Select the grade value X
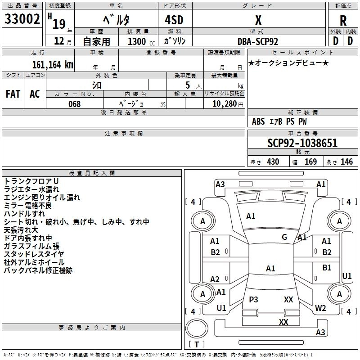point(258,20)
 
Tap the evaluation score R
point(343,21)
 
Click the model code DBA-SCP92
point(258,41)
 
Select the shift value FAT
point(13,94)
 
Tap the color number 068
point(75,104)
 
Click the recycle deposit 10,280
point(223,104)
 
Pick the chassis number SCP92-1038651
point(302,144)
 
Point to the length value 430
point(273,162)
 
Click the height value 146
point(346,162)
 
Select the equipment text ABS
point(258,121)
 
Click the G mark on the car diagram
point(284,237)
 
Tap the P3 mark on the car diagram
point(254,299)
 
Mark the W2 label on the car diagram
point(320,308)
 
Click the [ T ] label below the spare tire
point(197,344)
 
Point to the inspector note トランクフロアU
point(31,181)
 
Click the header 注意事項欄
point(123,134)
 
